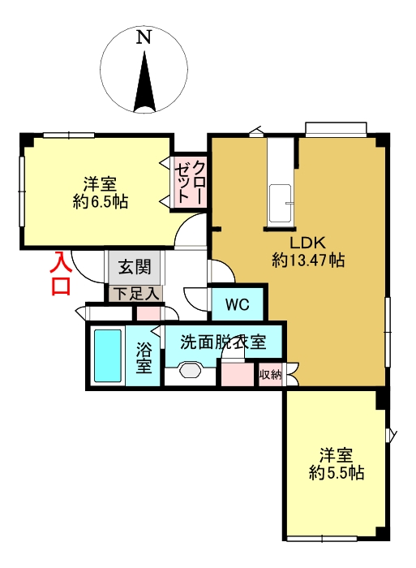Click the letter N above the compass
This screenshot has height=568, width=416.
pos(144,37)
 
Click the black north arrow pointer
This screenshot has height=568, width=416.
pos(145,82)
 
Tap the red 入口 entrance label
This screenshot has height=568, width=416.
pos(62,274)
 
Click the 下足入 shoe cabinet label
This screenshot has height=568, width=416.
pos(133,293)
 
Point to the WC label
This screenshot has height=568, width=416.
pos(237,305)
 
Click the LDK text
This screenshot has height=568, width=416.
pos(308,243)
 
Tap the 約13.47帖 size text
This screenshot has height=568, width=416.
pos(308,260)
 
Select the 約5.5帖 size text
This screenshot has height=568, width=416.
pos(337,473)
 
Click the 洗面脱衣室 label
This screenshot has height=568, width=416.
pos(223,342)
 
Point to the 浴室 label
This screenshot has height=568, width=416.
pos(144,358)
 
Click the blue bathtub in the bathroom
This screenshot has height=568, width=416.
pos(107,355)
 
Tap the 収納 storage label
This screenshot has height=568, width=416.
pos(270,374)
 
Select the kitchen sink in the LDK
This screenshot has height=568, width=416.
pos(281,203)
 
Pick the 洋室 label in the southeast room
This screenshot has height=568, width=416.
pos(337,455)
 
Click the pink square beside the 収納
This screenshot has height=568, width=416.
pos(238,375)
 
